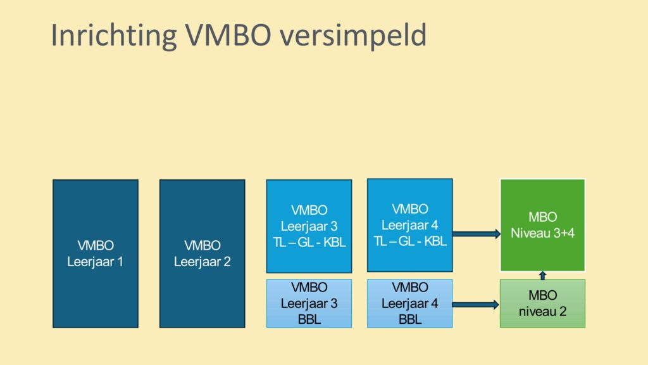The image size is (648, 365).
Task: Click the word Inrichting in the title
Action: (x=114, y=36)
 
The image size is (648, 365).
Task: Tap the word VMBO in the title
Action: (x=228, y=35)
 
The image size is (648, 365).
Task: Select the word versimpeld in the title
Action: (x=353, y=36)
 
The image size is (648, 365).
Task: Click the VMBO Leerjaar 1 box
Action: (x=96, y=253)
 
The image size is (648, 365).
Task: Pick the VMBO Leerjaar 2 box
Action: (x=202, y=253)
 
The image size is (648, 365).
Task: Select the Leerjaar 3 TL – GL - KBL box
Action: (x=309, y=226)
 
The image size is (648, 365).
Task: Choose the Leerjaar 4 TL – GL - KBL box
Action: (x=410, y=226)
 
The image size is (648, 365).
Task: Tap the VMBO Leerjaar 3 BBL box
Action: (x=309, y=304)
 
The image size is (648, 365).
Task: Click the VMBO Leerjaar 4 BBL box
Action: (x=410, y=304)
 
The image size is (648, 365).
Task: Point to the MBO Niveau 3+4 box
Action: (x=542, y=225)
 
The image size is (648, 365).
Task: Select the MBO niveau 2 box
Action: (x=542, y=304)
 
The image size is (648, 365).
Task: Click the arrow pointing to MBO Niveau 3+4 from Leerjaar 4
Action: (x=477, y=234)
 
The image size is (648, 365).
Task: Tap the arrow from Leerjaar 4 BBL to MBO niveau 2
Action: (x=476, y=305)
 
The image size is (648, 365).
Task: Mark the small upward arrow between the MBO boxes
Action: (x=542, y=276)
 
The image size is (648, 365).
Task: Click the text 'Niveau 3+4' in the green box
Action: (x=542, y=233)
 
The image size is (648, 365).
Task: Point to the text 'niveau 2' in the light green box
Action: (x=542, y=312)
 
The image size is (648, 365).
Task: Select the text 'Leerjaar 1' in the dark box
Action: (x=95, y=262)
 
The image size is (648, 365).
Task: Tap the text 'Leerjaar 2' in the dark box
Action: (x=202, y=262)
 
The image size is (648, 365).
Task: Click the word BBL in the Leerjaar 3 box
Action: (x=309, y=319)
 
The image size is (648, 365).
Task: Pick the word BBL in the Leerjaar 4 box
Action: (x=410, y=319)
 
